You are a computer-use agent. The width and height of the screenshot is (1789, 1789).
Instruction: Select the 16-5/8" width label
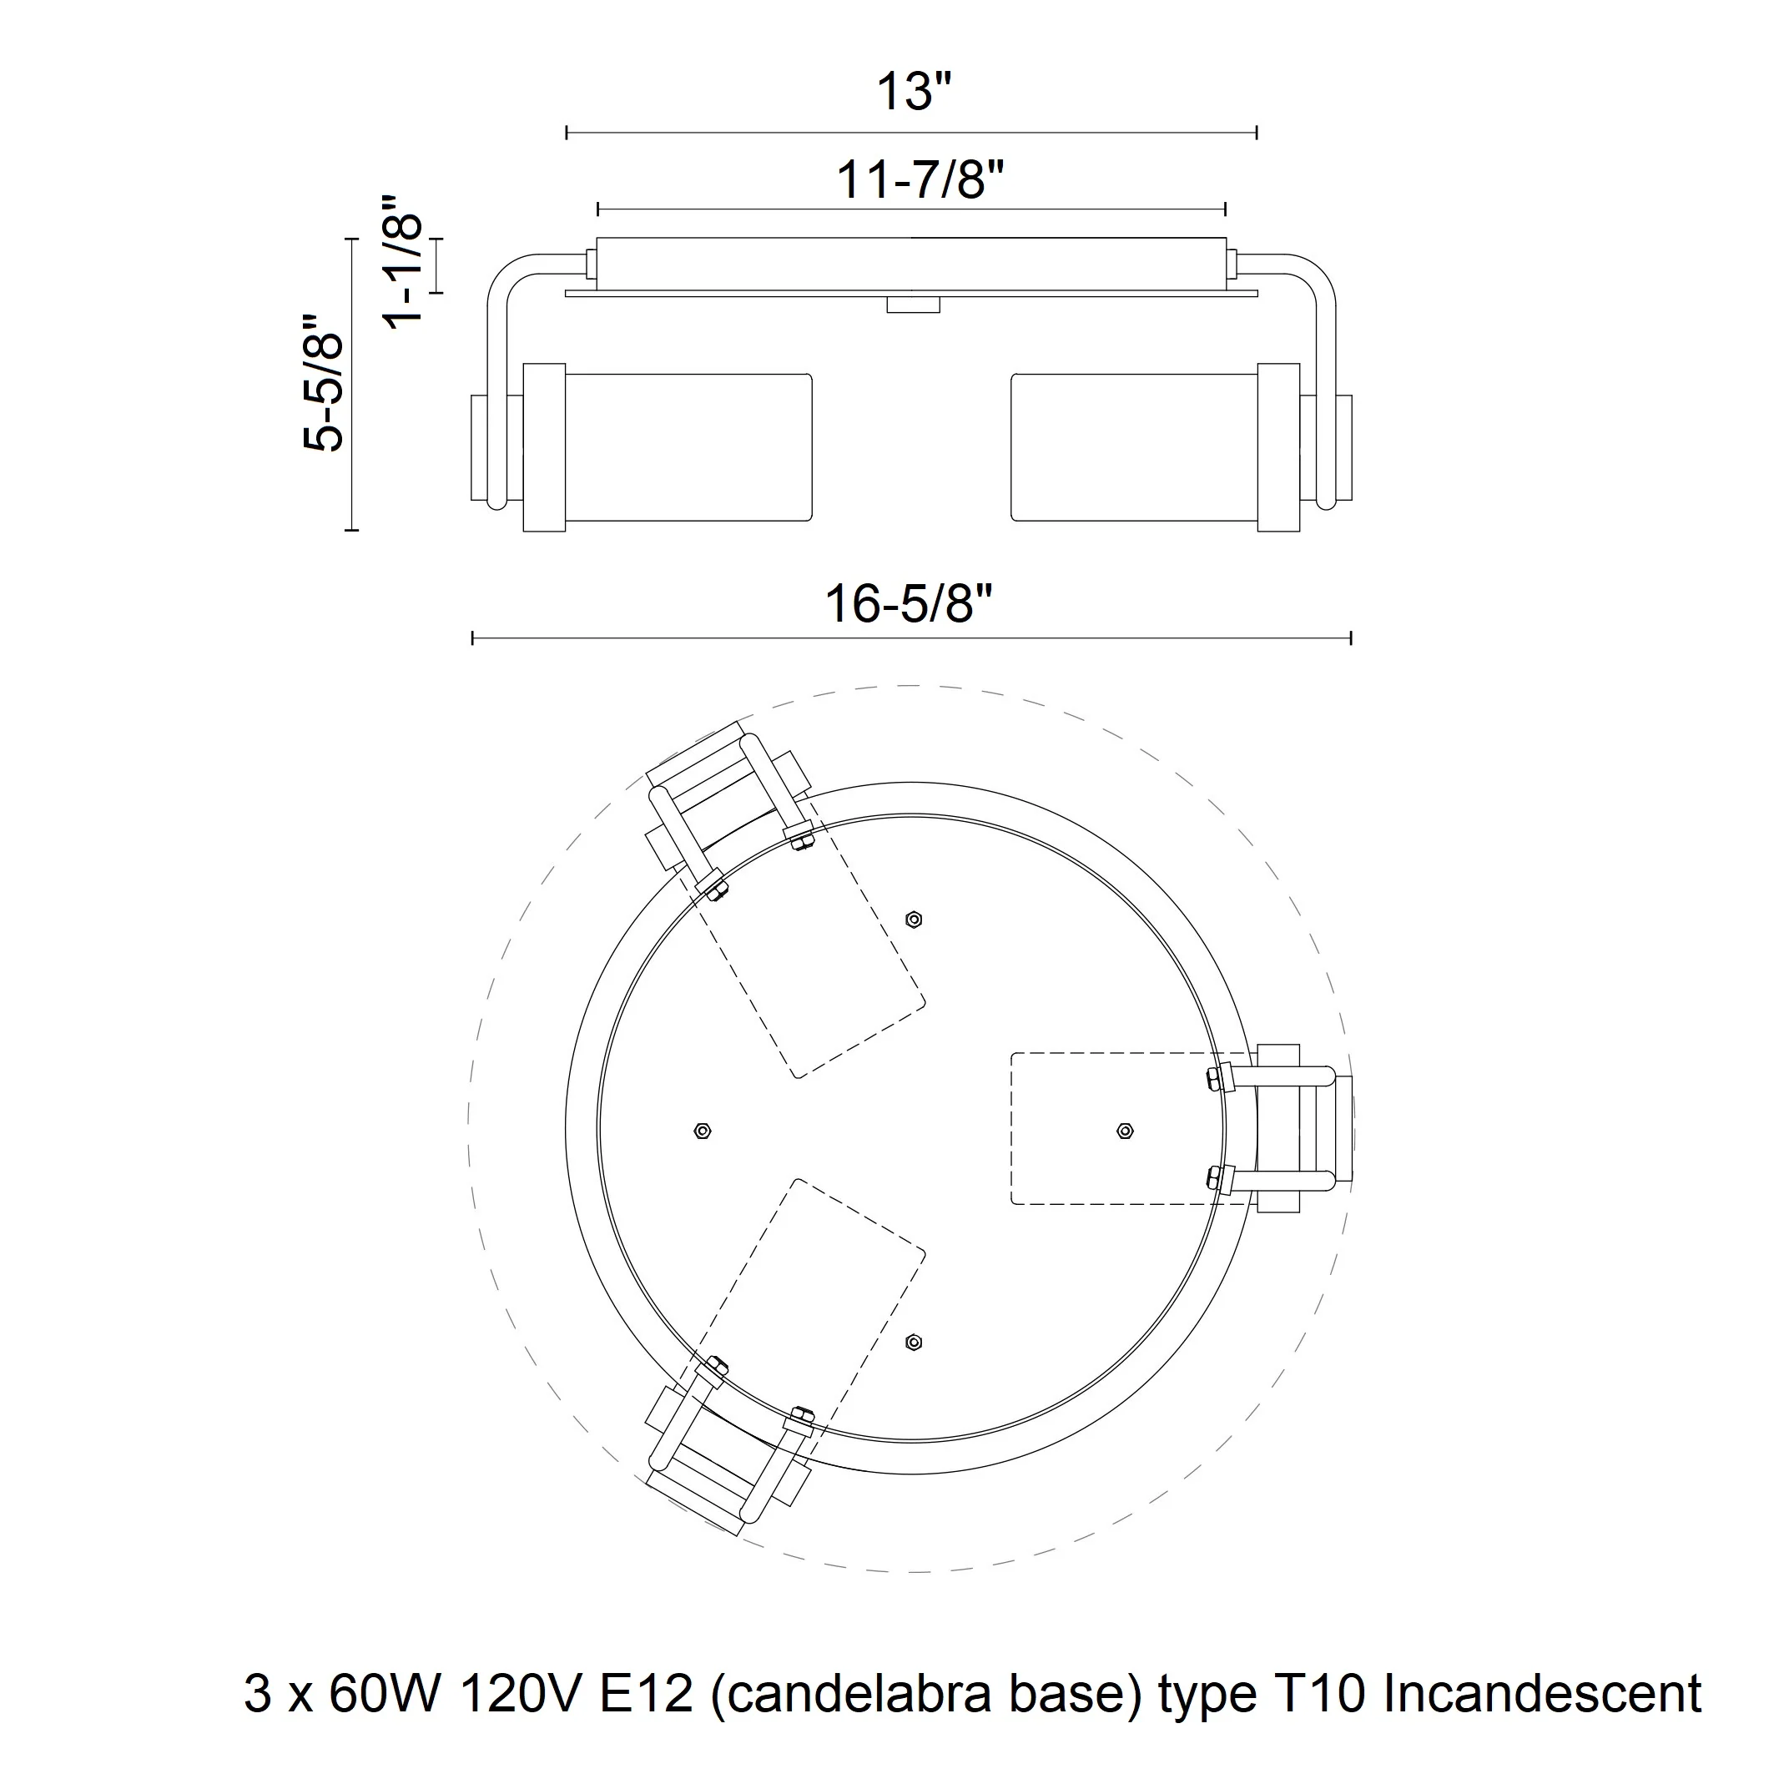point(909,605)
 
